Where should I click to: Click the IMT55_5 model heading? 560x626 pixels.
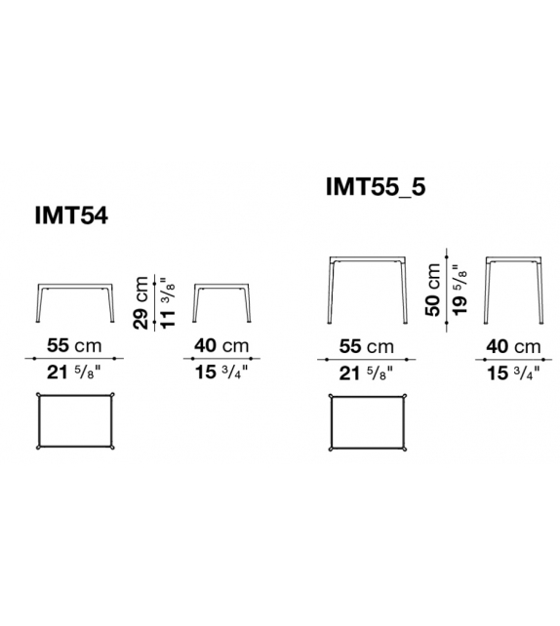click(x=376, y=186)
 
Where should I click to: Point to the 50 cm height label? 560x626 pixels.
click(x=432, y=290)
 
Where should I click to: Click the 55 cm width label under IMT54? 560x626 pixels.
click(x=73, y=345)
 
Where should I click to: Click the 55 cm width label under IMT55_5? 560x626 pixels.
click(x=366, y=345)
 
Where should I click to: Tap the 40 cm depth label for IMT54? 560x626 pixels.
click(x=221, y=345)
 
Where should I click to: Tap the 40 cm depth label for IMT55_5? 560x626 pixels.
click(x=513, y=345)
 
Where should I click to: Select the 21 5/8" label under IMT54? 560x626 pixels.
click(x=73, y=372)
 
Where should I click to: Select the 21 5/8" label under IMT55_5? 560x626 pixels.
click(x=366, y=372)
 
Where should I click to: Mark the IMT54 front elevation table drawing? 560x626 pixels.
click(x=76, y=303)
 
